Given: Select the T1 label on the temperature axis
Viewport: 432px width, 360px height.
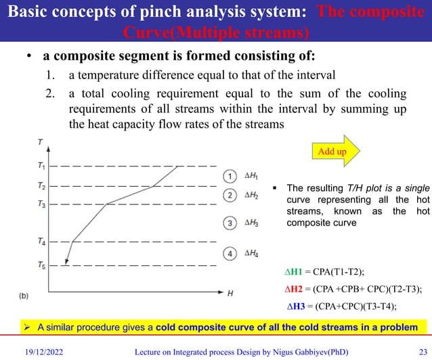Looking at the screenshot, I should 41,166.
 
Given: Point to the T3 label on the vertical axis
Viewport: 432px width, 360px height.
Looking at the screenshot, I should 41,204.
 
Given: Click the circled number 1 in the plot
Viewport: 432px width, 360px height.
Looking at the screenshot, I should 230,176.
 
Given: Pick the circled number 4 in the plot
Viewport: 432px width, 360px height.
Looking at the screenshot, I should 230,254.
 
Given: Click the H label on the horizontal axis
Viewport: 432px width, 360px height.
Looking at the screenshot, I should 230,294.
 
